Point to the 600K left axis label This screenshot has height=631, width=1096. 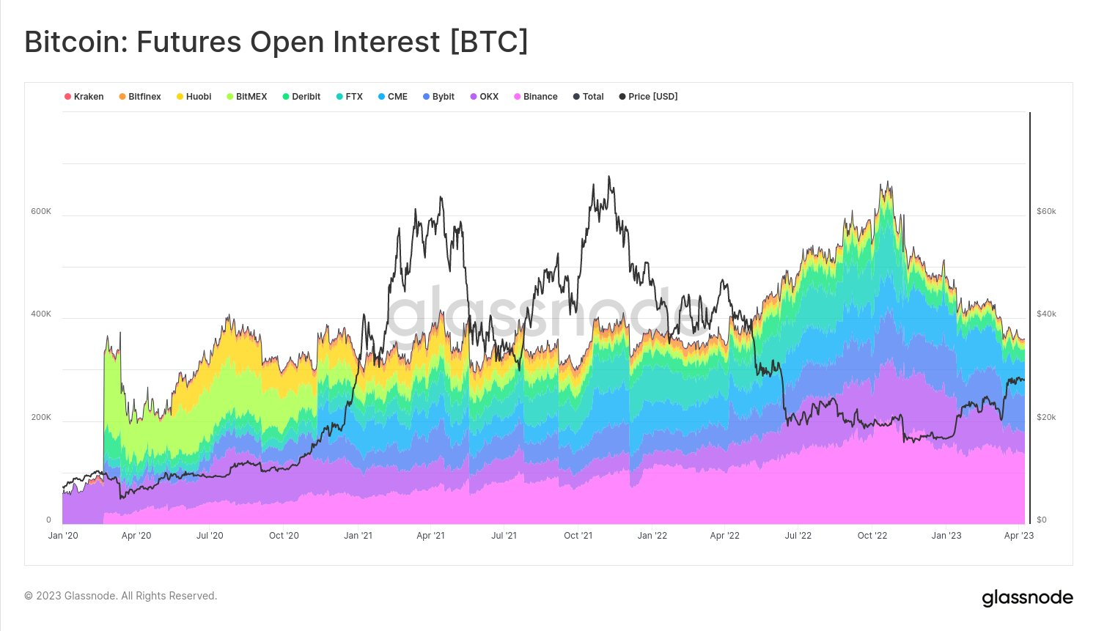coord(41,211)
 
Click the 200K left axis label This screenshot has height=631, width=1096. coord(41,417)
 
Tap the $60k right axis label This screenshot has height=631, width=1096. coord(1046,211)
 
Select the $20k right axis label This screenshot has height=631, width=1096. coord(1046,417)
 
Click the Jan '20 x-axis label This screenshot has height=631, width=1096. coord(63,536)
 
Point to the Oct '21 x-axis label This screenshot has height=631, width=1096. coord(578,536)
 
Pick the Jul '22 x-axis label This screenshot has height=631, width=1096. coord(798,536)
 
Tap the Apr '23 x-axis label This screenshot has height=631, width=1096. coord(1018,536)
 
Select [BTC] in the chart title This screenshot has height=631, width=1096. coord(488,42)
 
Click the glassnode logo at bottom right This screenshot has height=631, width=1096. coord(1027,598)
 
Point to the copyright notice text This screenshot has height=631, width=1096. coord(121,596)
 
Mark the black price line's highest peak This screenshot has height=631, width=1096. coord(609,177)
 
